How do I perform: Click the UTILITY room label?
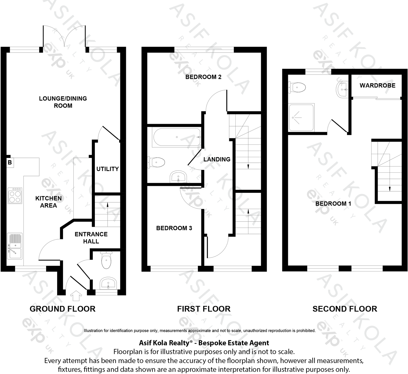[x=107, y=169]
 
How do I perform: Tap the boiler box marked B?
[x=10, y=163]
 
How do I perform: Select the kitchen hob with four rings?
[x=15, y=196]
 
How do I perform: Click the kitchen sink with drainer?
[x=15, y=246]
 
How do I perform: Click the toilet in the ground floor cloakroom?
[x=106, y=260]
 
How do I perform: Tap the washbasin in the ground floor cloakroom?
[x=108, y=283]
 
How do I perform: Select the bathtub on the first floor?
[x=176, y=137]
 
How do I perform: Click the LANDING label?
[x=217, y=159]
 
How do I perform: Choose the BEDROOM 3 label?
[x=174, y=228]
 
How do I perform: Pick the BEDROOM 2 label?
[x=203, y=77]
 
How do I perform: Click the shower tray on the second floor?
[x=301, y=117]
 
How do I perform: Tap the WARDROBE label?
[x=377, y=85]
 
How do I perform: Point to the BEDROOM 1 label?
[x=333, y=204]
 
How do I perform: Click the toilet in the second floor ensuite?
[x=297, y=88]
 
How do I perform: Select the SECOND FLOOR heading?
[x=345, y=309]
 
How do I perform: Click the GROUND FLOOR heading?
[x=62, y=309]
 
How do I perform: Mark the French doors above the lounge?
[x=64, y=38]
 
